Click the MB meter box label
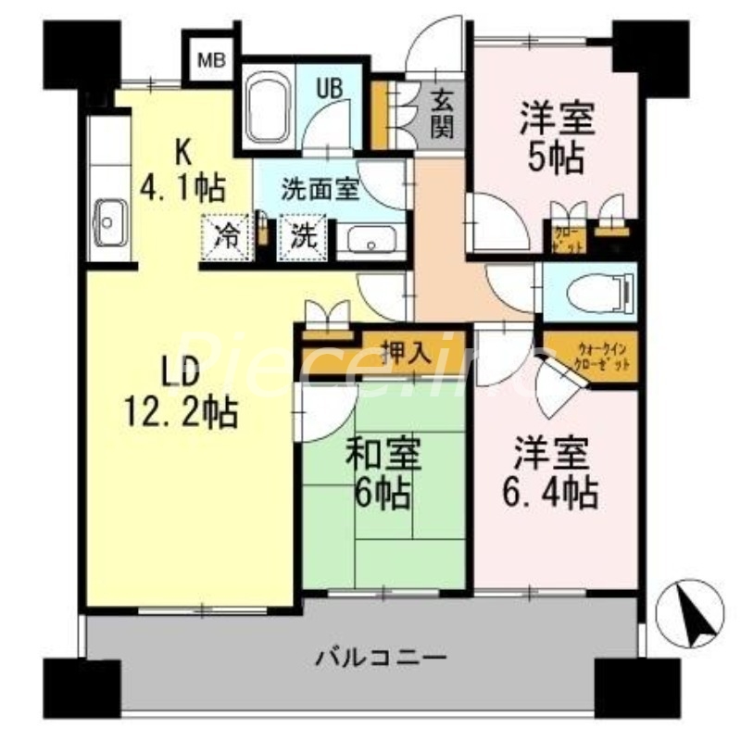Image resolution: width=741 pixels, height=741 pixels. click(212, 61)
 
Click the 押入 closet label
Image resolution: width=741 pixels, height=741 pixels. click(405, 352)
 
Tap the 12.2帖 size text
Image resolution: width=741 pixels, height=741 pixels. click(182, 411)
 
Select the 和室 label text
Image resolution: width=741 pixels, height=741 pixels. click(383, 456)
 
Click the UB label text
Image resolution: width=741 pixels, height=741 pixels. click(331, 88)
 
